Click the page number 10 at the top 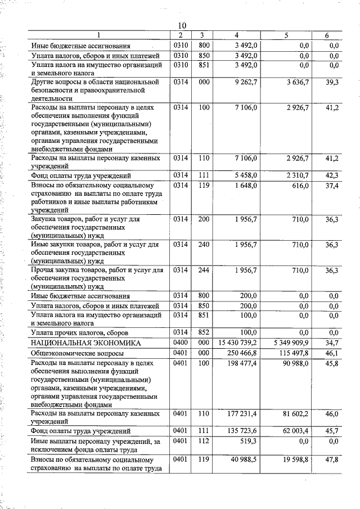[182, 26]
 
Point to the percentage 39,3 [332, 82]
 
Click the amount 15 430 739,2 [234, 343]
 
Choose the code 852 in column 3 [202, 332]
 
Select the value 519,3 [248, 442]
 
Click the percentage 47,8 [332, 460]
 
